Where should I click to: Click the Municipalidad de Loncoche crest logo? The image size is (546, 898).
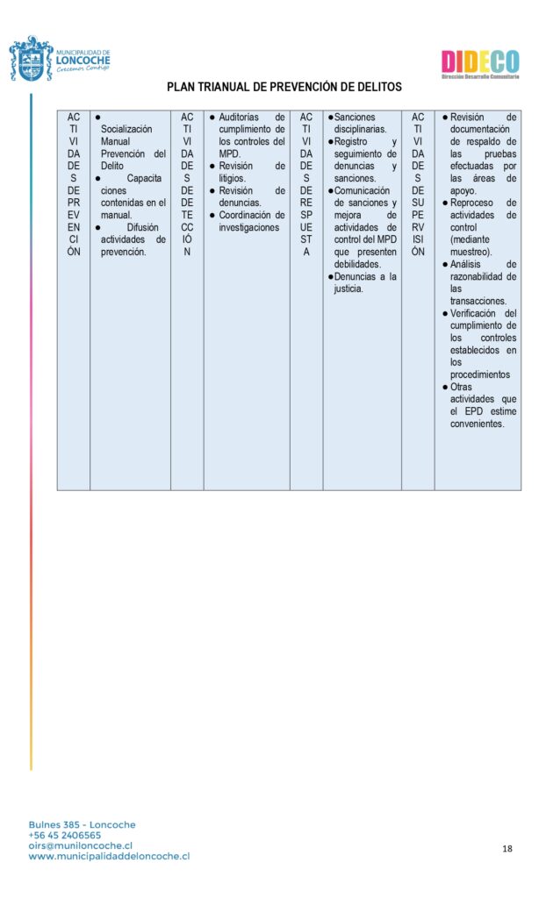(x=31, y=60)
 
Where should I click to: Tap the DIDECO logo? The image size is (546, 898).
(x=479, y=63)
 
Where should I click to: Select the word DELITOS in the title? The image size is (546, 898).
(x=373, y=87)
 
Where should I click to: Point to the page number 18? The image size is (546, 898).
(x=507, y=848)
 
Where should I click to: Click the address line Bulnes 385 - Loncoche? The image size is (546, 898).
(x=82, y=824)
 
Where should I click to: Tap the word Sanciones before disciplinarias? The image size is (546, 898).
(x=355, y=117)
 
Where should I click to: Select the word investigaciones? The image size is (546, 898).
(x=249, y=227)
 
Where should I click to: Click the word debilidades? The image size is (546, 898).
(x=357, y=264)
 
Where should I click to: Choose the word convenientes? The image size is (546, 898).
(x=478, y=424)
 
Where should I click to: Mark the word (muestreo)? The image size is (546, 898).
(x=471, y=252)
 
